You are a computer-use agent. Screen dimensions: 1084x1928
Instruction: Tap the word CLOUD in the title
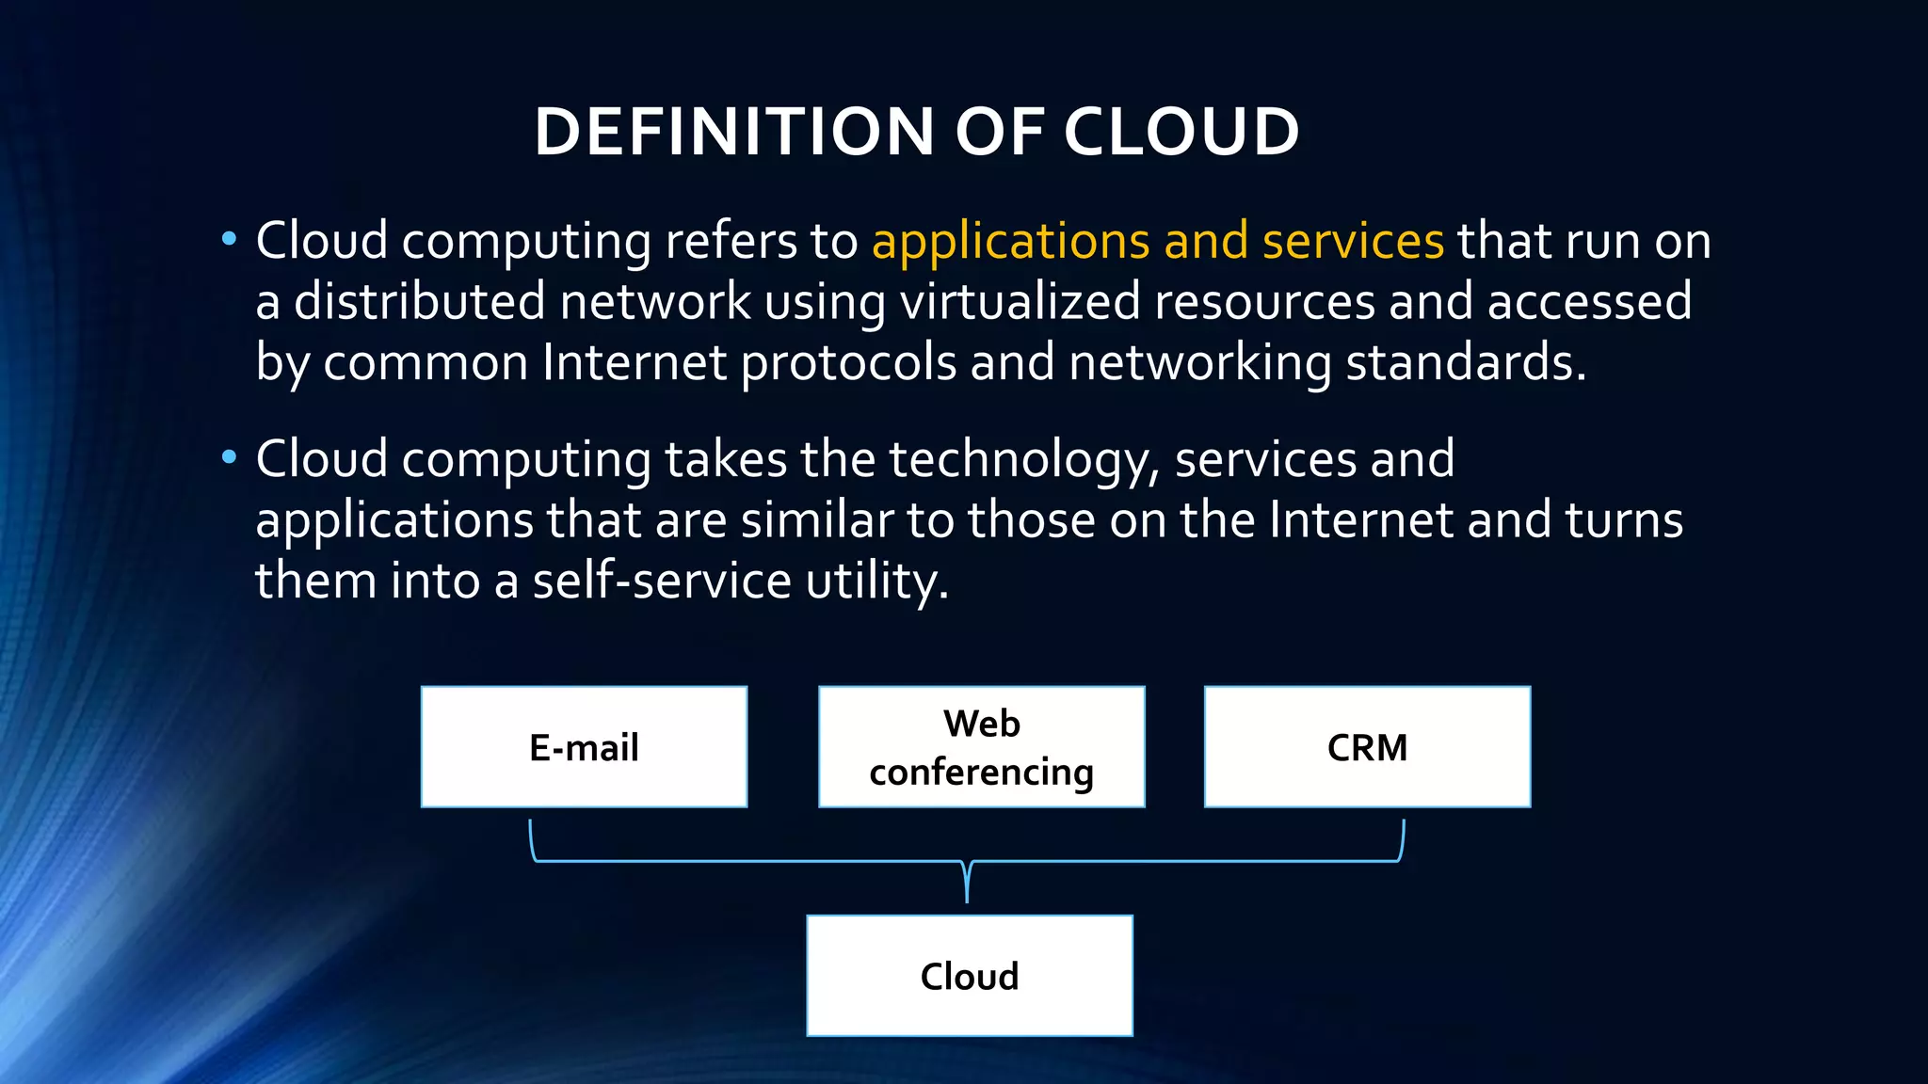click(x=1181, y=132)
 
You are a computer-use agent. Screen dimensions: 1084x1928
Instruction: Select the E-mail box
click(x=584, y=747)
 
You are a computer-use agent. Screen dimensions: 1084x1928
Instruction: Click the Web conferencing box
click(x=981, y=747)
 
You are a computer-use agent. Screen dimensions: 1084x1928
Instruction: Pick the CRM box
click(x=1367, y=747)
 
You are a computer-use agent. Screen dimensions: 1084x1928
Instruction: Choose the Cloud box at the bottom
click(x=970, y=976)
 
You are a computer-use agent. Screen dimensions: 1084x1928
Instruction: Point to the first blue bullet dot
click(x=229, y=240)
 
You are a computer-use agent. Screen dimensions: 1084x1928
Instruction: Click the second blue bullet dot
click(x=229, y=458)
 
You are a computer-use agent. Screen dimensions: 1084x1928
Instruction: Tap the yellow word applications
click(x=1010, y=242)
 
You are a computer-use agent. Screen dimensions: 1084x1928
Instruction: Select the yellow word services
click(x=1353, y=242)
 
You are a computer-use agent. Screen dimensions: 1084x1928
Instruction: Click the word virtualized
click(x=1020, y=302)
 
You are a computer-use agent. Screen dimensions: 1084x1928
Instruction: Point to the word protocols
click(x=848, y=363)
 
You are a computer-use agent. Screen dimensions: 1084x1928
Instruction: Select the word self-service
click(x=662, y=581)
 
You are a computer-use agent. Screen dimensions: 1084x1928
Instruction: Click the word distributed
click(x=420, y=302)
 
